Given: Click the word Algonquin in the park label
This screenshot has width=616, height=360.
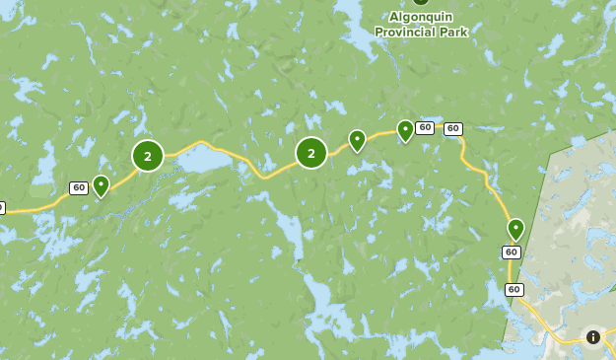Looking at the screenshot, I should click(x=421, y=17).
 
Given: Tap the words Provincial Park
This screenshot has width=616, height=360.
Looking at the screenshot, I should click(x=421, y=32).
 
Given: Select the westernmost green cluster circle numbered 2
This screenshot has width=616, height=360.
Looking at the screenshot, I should click(x=148, y=156).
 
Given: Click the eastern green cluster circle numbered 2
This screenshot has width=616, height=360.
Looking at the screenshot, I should click(x=311, y=153).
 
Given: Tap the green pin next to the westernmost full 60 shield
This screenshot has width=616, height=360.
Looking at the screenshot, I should click(x=101, y=184).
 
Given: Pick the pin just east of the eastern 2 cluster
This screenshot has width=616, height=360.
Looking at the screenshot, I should click(x=357, y=140).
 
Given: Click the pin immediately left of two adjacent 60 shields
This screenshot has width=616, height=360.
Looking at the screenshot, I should click(x=405, y=129).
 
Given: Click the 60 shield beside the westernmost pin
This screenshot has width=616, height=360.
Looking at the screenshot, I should click(x=79, y=187).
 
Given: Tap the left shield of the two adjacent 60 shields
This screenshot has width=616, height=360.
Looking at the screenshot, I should click(x=425, y=127).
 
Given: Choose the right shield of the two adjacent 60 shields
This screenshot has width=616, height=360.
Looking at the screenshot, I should click(x=453, y=128).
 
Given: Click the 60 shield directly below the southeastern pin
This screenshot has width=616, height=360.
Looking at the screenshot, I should click(x=511, y=252).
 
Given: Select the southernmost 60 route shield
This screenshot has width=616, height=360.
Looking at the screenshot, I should click(x=514, y=289).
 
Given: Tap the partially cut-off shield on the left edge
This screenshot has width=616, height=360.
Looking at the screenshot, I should click(x=2, y=208).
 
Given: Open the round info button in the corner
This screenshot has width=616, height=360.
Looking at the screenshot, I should click(x=593, y=337).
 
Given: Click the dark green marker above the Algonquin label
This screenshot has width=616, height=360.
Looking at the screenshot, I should click(x=421, y=2).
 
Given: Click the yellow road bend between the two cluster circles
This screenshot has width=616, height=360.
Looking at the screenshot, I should click(x=259, y=175).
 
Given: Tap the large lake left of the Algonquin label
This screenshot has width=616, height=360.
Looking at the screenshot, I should click(x=350, y=12).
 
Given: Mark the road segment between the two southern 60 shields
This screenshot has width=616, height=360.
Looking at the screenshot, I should click(x=511, y=271).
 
